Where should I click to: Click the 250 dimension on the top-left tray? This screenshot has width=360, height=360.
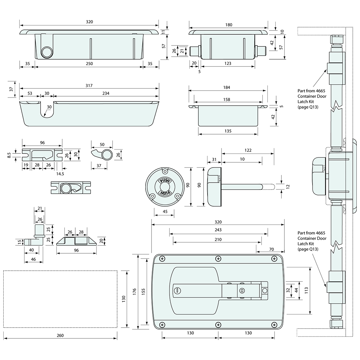[89, 63]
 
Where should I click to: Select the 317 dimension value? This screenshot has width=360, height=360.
[89, 86]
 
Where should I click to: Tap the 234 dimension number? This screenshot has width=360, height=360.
[106, 94]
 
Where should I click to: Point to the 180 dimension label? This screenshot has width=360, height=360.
[229, 25]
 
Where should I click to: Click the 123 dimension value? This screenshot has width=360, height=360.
[228, 63]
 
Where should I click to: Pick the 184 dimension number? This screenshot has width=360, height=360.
[226, 87]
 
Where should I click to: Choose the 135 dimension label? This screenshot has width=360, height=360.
[228, 131]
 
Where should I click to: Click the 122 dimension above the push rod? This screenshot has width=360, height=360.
[248, 151]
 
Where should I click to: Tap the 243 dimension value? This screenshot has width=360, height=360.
[218, 230]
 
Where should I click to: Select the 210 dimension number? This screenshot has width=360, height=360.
[218, 240]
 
